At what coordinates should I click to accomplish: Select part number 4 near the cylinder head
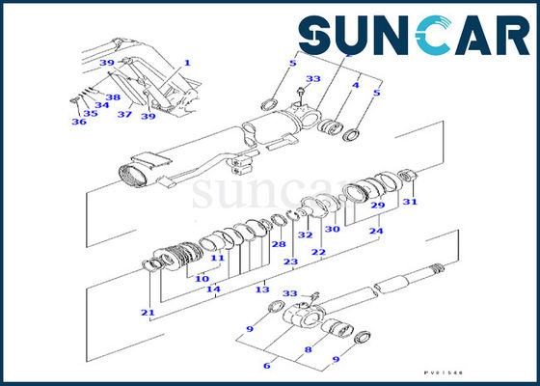[x=356, y=85]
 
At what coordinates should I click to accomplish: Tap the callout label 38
[x=113, y=96]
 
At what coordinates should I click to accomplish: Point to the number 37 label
[x=124, y=114]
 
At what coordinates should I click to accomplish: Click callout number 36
[x=80, y=123]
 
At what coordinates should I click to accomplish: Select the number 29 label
[x=379, y=206]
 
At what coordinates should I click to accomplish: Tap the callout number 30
[x=332, y=229]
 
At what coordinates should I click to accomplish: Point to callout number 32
[x=306, y=234]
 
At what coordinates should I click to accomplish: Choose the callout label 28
[x=278, y=244]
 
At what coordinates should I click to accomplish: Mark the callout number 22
[x=317, y=252]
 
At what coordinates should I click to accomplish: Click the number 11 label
[x=218, y=259]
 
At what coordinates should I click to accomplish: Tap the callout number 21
[x=147, y=312]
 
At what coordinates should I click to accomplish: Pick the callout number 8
[x=308, y=349]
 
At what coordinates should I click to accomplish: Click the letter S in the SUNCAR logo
[x=318, y=37]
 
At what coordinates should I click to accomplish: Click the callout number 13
[x=262, y=289]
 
